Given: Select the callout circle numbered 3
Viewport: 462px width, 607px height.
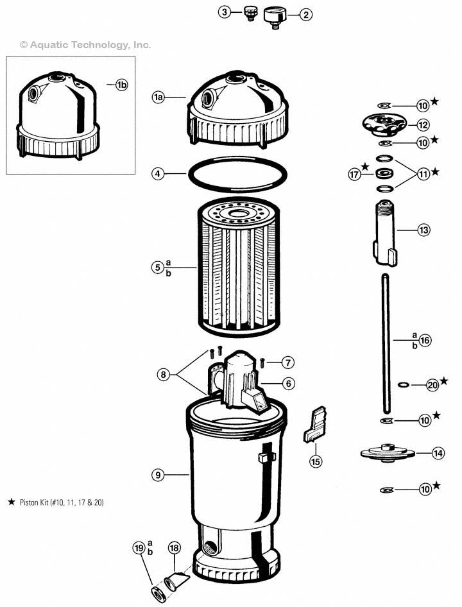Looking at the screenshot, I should pyautogui.click(x=224, y=12).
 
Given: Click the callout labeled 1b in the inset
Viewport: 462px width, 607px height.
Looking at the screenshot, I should pyautogui.click(x=121, y=86).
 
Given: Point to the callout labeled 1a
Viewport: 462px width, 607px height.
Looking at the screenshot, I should pyautogui.click(x=158, y=97).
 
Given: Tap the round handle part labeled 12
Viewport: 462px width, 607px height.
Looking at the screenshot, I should pyautogui.click(x=385, y=123).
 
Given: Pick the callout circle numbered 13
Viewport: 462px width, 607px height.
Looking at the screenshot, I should pyautogui.click(x=424, y=230).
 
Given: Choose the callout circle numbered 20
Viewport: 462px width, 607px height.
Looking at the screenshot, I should pyautogui.click(x=432, y=385).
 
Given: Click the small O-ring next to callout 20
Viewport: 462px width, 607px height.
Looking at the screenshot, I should pyautogui.click(x=403, y=384).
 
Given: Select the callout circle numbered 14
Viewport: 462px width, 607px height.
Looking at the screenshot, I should pyautogui.click(x=438, y=453).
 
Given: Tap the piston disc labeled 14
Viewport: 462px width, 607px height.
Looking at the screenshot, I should pyautogui.click(x=387, y=452).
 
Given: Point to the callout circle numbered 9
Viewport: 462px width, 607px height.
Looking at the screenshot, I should pyautogui.click(x=158, y=475).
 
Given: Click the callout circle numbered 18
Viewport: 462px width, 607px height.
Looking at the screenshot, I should pyautogui.click(x=174, y=547).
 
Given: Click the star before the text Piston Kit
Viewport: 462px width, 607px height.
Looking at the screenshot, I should pyautogui.click(x=11, y=502).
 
